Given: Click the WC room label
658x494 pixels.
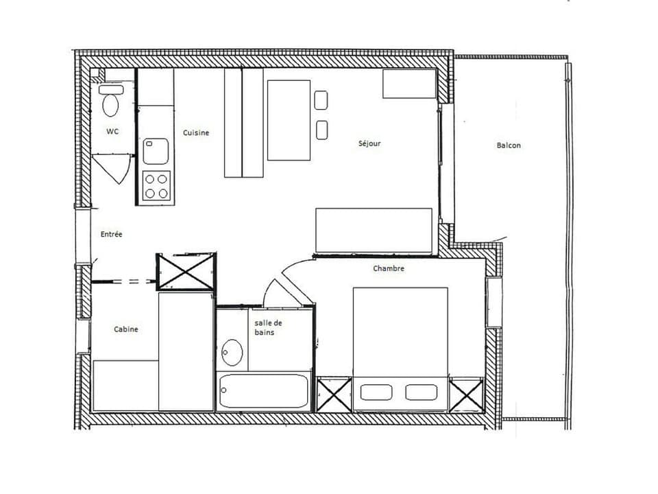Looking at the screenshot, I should pos(112,132).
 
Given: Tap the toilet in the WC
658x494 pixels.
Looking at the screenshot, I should pos(111,102).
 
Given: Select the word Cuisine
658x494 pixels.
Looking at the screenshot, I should pos(195,132).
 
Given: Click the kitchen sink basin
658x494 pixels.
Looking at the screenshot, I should pos(156,151).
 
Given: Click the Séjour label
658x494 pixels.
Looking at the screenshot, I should pos(369,143).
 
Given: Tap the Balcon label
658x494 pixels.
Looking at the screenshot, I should pos(509,145).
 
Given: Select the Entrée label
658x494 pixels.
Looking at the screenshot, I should pos(112,234).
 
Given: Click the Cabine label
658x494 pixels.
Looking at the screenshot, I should pos(125,329).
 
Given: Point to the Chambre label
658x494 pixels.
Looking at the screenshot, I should pos(389,268).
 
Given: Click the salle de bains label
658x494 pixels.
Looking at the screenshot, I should pos(268,327).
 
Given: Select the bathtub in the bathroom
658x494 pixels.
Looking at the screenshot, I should pos(264,391).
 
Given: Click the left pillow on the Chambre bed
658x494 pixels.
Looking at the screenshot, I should pos(376,392).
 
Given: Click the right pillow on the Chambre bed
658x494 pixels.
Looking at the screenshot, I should pos(421,392).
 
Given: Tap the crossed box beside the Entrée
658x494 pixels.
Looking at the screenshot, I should pos(186,272).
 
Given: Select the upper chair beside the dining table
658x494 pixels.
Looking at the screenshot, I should pos(321,100).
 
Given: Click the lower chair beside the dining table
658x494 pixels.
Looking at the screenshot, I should pos(321,130).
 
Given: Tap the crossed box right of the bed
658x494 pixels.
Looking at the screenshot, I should pos(467,395).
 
